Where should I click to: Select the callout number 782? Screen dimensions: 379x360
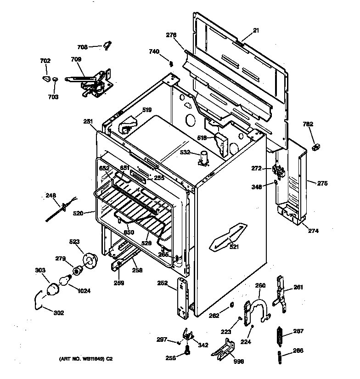pyautogui.click(x=308, y=124)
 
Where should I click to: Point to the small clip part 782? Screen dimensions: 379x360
pyautogui.click(x=315, y=147)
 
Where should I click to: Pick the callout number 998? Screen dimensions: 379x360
pyautogui.click(x=239, y=362)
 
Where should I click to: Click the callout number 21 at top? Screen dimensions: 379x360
pyautogui.click(x=256, y=31)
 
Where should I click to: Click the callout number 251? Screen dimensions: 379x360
pyautogui.click(x=88, y=121)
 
